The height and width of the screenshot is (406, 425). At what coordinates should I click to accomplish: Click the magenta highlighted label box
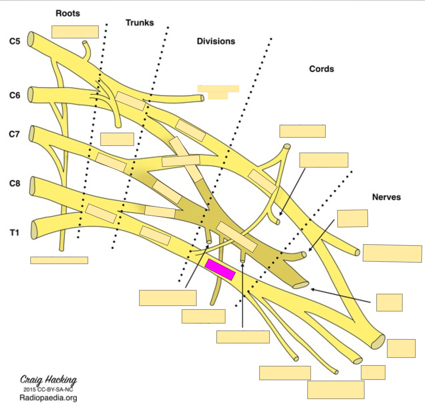pos(220,270)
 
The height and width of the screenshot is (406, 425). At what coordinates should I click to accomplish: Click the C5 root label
pos(14,41)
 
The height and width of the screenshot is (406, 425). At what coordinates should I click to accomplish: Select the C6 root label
pos(14,95)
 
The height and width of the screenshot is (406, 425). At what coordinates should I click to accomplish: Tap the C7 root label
pos(14,134)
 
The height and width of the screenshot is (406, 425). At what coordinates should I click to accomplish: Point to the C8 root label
pos(14,183)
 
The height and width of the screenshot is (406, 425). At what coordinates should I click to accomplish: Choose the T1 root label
pos(14,233)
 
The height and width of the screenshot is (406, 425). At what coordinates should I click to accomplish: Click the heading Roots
pos(68,13)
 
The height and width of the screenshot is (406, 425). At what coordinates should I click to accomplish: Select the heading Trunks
pos(139,23)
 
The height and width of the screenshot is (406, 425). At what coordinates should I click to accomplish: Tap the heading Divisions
pos(216,41)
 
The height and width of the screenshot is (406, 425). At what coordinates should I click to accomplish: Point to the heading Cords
pos(321,69)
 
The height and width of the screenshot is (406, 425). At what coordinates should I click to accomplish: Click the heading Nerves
pos(386,197)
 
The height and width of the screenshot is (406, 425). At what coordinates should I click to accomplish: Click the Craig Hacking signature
pos(48,380)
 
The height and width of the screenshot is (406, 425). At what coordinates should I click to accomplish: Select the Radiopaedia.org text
pos(48,398)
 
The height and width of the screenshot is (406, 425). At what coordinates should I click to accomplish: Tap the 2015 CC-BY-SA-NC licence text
pos(48,390)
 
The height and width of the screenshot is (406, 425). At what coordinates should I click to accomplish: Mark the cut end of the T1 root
pos(34,230)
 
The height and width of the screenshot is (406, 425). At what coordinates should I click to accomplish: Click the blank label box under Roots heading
pos(75,32)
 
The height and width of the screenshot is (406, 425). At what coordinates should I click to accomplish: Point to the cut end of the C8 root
pos(33,186)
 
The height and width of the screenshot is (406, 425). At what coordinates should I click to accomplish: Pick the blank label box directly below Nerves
pos(353,218)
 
